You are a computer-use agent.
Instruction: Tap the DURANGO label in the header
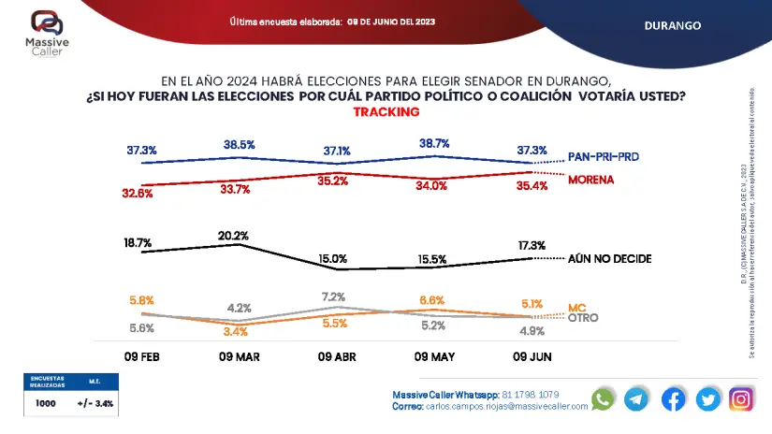[x=672, y=25]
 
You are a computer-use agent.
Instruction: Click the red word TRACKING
[x=386, y=111]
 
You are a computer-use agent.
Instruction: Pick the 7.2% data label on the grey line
[x=333, y=297]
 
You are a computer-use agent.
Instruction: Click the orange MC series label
[x=576, y=307]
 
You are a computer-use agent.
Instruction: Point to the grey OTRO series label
[x=583, y=318]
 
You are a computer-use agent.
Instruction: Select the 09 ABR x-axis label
[x=337, y=356]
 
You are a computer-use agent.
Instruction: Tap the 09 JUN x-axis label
[x=532, y=356]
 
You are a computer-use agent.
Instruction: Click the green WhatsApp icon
[x=603, y=398]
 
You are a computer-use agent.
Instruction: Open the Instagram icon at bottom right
[x=741, y=398]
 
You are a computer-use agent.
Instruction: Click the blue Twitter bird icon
[x=707, y=398]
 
